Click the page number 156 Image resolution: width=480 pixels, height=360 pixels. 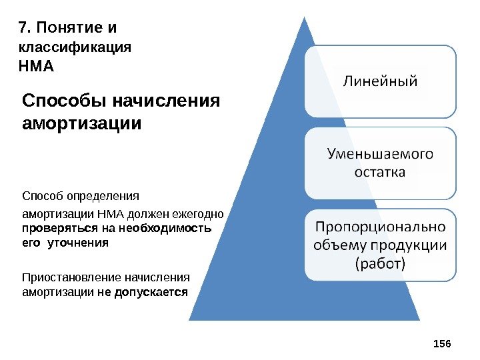point(442,343)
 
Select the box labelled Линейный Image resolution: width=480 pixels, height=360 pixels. point(381,81)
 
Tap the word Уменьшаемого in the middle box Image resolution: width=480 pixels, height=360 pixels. point(380,155)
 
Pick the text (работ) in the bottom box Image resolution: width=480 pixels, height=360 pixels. point(381,263)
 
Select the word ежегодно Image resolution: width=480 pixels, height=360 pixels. point(201,215)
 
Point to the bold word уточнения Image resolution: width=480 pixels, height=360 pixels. point(75,243)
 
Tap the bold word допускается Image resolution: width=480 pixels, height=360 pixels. point(151,292)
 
